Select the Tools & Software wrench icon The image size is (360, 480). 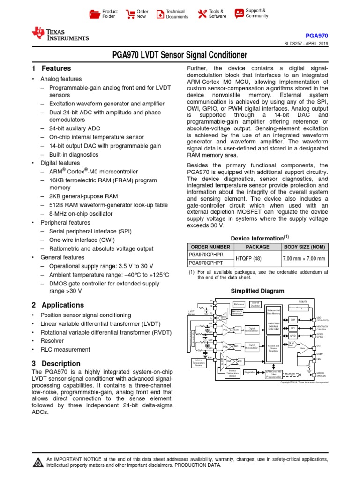(x=202, y=14)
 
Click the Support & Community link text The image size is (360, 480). (x=257, y=13)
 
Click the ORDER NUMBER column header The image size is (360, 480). (x=209, y=247)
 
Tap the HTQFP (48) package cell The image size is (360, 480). (x=257, y=259)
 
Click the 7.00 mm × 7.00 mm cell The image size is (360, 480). (x=304, y=259)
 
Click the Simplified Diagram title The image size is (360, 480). (x=257, y=291)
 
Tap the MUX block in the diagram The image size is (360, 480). (x=222, y=362)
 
